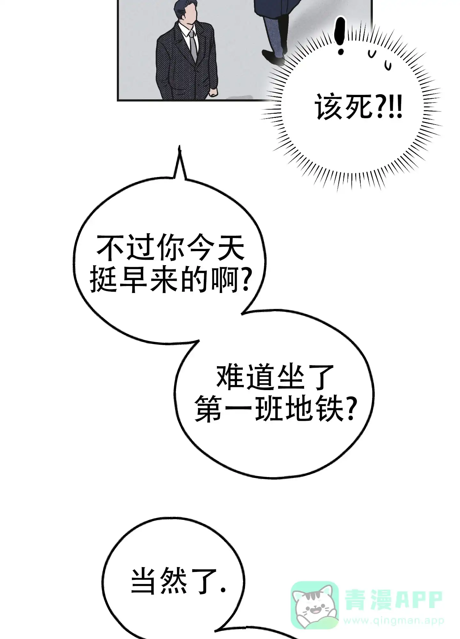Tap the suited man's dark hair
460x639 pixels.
click(x=185, y=9)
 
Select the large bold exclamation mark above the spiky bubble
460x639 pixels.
click(x=341, y=36)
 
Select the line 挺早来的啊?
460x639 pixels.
click(x=170, y=281)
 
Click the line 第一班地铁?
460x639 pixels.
click(x=275, y=410)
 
